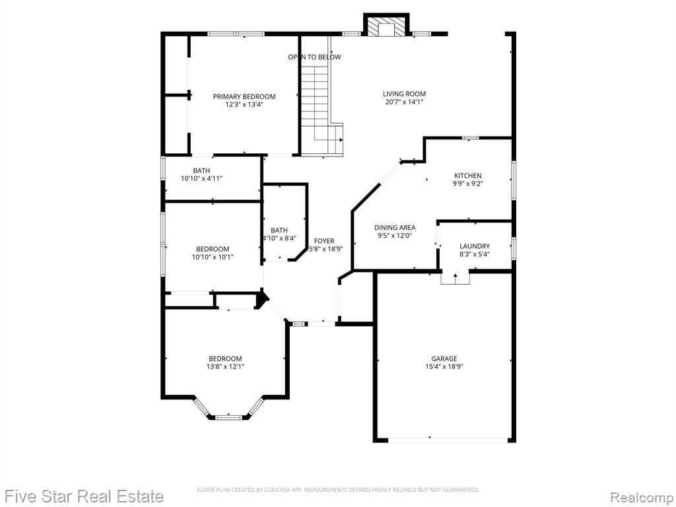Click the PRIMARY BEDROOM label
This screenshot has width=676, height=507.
coord(244,96)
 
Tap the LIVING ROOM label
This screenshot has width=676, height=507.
coord(405,94)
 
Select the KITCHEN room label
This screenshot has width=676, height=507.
coord(468,176)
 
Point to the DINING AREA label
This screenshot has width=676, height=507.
coord(395,228)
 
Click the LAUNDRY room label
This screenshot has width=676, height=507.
coord(475,246)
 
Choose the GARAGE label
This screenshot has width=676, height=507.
coord(444,358)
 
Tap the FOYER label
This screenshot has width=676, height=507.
coord(323,241)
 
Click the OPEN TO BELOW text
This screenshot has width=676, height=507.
coord(314,57)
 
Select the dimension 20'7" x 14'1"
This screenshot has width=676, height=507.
coord(405,102)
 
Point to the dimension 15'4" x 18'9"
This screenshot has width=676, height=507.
coord(444,367)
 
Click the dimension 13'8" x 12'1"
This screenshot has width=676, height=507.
coord(225,367)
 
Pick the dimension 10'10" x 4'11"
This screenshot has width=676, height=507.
coord(201,178)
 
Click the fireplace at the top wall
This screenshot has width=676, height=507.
coord(386,25)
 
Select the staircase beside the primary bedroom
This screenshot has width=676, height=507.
coord(321,110)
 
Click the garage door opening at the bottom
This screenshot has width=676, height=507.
coord(447,440)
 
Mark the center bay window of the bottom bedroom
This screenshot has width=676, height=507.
coord(229,417)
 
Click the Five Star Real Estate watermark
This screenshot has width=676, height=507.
coord(82,496)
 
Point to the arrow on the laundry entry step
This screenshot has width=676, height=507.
coord(456,278)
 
